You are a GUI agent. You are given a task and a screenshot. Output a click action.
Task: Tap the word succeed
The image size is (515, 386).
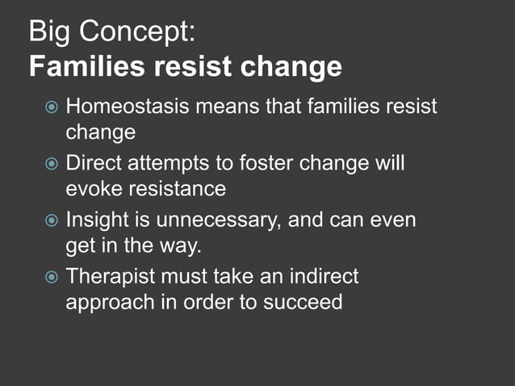pos(303,303)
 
